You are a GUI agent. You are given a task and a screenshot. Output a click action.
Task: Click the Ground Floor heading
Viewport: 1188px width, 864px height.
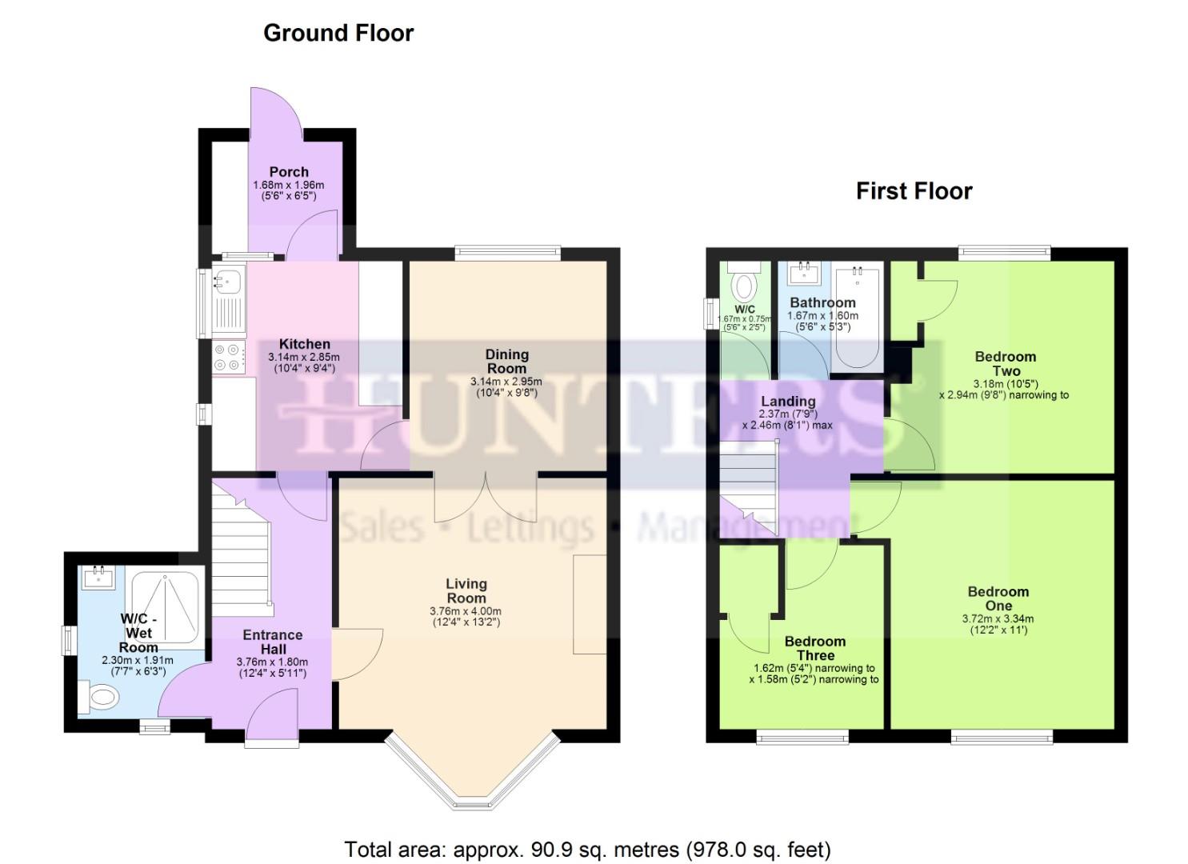pyautogui.click(x=338, y=34)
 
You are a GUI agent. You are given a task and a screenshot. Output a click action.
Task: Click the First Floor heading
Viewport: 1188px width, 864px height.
pyautogui.click(x=914, y=191)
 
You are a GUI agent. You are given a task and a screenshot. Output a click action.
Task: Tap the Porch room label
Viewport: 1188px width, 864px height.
pyautogui.click(x=289, y=172)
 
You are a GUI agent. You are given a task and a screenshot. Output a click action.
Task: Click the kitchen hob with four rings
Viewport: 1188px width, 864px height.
pyautogui.click(x=229, y=356)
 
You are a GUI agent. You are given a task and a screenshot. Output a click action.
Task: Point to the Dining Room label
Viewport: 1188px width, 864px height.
pyautogui.click(x=506, y=361)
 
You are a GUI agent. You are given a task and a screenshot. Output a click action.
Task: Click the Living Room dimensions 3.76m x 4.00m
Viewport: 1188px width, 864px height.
pyautogui.click(x=466, y=611)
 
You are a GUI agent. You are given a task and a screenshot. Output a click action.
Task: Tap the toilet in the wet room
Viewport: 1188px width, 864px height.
pyautogui.click(x=100, y=697)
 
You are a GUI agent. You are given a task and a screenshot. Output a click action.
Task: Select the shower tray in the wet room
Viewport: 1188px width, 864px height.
pyautogui.click(x=167, y=607)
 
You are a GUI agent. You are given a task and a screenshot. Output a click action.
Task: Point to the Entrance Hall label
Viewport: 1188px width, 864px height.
pyautogui.click(x=273, y=642)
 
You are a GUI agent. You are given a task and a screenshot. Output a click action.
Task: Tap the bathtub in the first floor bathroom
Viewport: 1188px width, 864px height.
pyautogui.click(x=857, y=319)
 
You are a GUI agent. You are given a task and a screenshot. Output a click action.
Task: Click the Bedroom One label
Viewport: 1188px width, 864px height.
pyautogui.click(x=998, y=598)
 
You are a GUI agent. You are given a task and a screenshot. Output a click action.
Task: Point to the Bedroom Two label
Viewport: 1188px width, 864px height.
pyautogui.click(x=1006, y=363)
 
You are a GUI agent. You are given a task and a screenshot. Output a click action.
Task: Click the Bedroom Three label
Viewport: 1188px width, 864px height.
pyautogui.click(x=814, y=648)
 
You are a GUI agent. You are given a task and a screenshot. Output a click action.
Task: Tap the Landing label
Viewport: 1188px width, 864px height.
pyautogui.click(x=788, y=402)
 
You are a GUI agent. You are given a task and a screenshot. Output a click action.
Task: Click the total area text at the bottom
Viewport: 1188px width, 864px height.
pyautogui.click(x=587, y=849)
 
